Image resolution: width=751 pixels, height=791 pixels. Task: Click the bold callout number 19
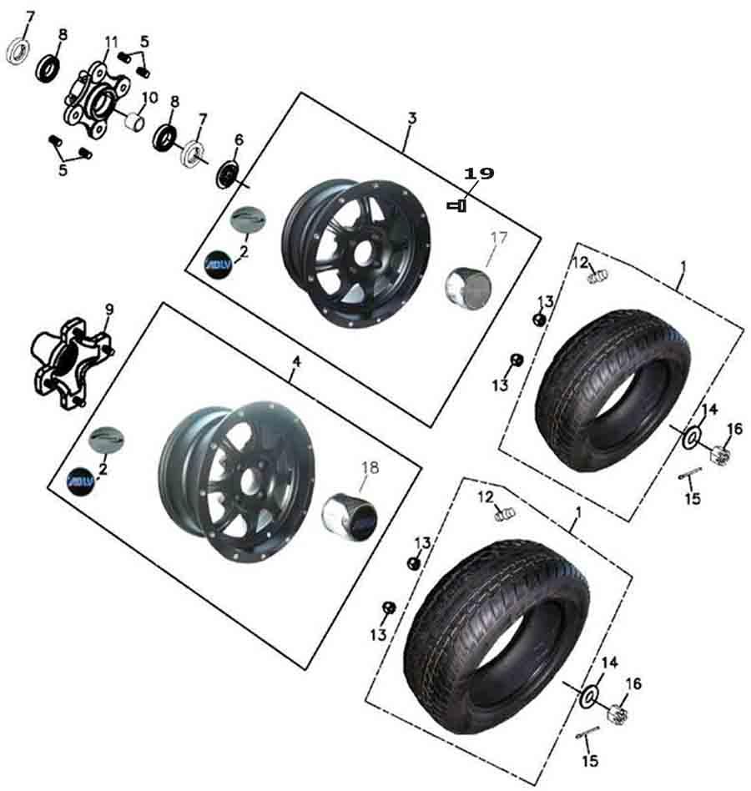coord(479,174)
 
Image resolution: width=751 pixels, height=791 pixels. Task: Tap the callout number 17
coord(499,237)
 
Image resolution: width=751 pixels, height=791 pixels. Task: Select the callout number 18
coord(370,467)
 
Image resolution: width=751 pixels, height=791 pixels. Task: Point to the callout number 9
coord(109,310)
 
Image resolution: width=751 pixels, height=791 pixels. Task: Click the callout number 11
coord(111,42)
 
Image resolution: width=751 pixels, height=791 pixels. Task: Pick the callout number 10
coord(150,97)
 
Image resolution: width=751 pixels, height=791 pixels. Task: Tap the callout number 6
coord(239,139)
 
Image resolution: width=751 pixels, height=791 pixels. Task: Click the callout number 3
coord(412,118)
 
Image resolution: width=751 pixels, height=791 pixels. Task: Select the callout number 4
coord(296,361)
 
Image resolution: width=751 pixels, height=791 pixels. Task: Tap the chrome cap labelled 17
coord(468,287)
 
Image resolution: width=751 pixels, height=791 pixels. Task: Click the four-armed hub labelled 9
coord(72,362)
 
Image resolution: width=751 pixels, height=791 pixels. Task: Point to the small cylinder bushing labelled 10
coord(134,122)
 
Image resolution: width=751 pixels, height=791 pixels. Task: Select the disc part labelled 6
coord(228,174)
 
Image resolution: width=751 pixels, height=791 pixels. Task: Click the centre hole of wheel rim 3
coord(361,254)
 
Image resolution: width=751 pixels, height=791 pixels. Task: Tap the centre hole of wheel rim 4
coord(247,481)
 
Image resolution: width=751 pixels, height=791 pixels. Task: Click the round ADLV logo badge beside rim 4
coord(81,481)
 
